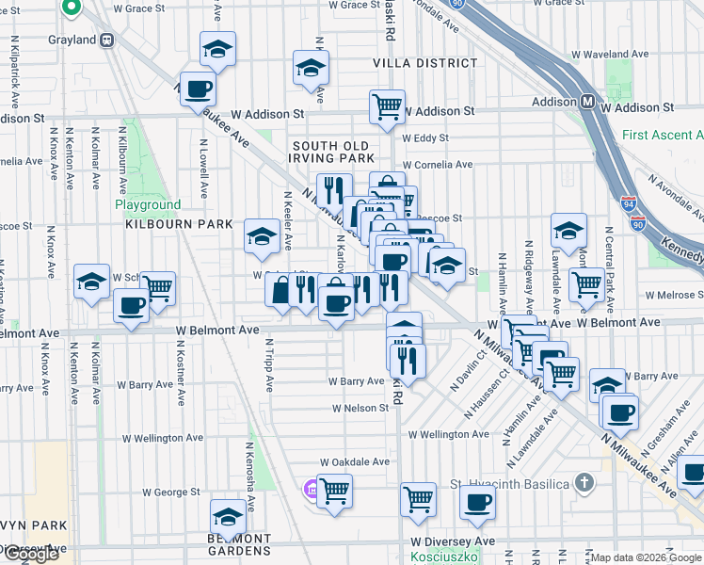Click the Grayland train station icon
click(107, 40)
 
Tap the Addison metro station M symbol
click(586, 102)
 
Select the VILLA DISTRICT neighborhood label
click(424, 63)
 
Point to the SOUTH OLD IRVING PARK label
click(333, 153)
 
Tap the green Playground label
click(148, 204)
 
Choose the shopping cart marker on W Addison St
click(387, 106)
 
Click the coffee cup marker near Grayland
click(197, 89)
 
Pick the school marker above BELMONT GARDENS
click(227, 515)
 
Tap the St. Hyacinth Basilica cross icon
click(584, 484)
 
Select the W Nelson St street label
click(360, 409)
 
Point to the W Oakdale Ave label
click(354, 462)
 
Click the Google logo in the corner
click(31, 554)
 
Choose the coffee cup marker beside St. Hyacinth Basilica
click(477, 502)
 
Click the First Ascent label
click(662, 136)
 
